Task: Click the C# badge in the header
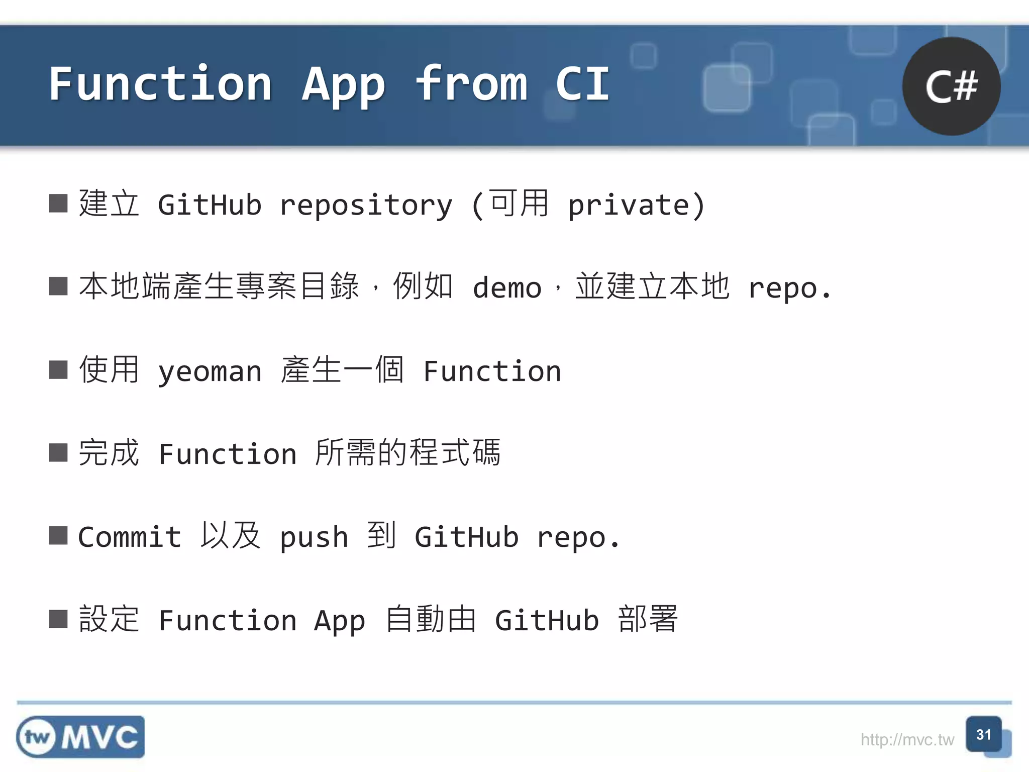(x=951, y=86)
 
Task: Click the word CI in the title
(x=582, y=84)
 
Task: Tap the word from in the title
(x=471, y=84)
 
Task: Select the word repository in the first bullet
(x=366, y=206)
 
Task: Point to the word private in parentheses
(x=629, y=206)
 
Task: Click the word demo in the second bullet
(x=506, y=288)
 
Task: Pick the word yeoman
(x=210, y=371)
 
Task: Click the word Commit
(x=130, y=537)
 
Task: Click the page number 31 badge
(x=984, y=735)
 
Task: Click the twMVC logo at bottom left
(x=80, y=737)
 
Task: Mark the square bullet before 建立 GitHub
(x=58, y=204)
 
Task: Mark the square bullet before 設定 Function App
(x=58, y=619)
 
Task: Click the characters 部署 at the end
(x=648, y=619)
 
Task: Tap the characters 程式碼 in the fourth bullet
(x=455, y=453)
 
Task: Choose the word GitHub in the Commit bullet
(x=466, y=537)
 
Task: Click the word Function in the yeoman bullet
(x=492, y=371)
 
